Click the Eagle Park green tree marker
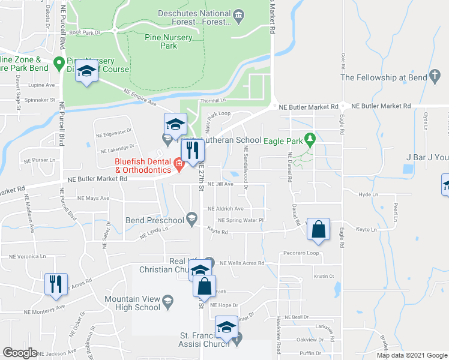point(310,140)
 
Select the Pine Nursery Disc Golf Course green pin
point(59,62)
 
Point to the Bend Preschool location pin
point(191,218)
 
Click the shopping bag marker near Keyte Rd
point(318,229)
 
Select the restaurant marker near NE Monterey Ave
point(56,283)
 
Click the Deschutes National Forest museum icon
point(238,14)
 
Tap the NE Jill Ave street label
point(220,184)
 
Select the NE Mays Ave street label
point(93,197)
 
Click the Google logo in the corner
point(20,353)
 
